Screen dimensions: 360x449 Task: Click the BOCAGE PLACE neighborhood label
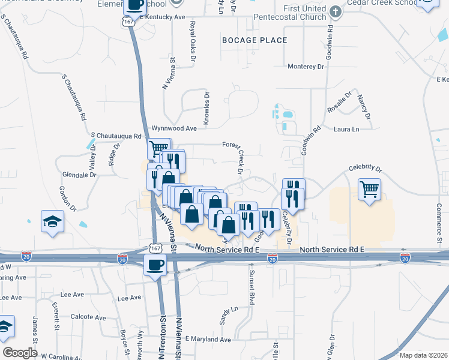tap(255, 40)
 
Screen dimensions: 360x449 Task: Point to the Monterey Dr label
tap(306, 66)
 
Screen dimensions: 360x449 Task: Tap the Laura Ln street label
tap(346, 129)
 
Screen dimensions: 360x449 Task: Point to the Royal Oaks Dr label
tap(193, 41)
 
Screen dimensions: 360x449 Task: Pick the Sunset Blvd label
tap(252, 288)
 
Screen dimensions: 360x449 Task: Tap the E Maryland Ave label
tap(208, 340)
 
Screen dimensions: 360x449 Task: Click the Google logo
tap(20, 353)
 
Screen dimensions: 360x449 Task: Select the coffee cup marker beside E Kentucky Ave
tap(135, 6)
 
